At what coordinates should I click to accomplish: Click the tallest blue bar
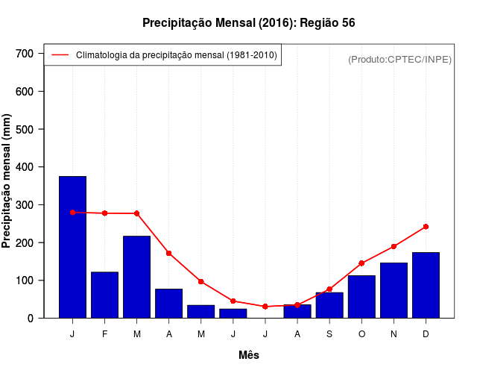pyautogui.click(x=72, y=247)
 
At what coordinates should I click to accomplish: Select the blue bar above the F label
pyautogui.click(x=104, y=295)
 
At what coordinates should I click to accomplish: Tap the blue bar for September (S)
pyautogui.click(x=329, y=305)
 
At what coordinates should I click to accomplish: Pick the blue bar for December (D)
pyautogui.click(x=426, y=285)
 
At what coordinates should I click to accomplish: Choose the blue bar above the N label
pyautogui.click(x=394, y=290)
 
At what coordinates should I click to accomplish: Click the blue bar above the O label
pyautogui.click(x=361, y=296)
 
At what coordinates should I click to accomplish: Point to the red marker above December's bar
pyautogui.click(x=426, y=226)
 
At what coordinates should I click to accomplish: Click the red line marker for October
pyautogui.click(x=361, y=263)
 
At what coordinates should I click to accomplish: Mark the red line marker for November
pyautogui.click(x=394, y=246)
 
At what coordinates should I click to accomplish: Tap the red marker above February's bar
pyautogui.click(x=104, y=213)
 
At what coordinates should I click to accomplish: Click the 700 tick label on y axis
pyautogui.click(x=25, y=54)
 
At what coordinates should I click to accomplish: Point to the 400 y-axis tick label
pyautogui.click(x=25, y=167)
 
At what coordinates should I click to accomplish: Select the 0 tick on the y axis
pyautogui.click(x=31, y=319)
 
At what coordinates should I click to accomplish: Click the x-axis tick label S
pyautogui.click(x=329, y=334)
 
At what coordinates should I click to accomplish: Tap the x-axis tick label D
pyautogui.click(x=426, y=334)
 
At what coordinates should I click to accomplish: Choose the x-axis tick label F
pyautogui.click(x=104, y=334)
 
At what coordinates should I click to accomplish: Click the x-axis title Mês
pyautogui.click(x=249, y=355)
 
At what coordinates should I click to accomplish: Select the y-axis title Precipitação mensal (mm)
pyautogui.click(x=7, y=181)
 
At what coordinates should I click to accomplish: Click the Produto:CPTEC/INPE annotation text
pyautogui.click(x=399, y=59)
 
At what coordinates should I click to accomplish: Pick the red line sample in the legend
pyautogui.click(x=60, y=55)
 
